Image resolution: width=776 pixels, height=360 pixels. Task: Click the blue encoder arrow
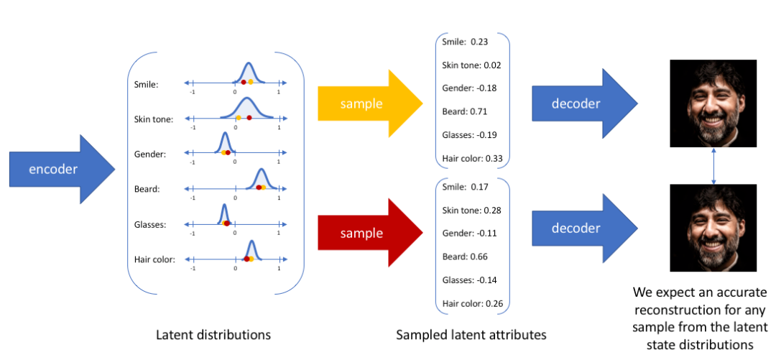62,170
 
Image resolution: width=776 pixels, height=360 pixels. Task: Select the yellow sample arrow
370,103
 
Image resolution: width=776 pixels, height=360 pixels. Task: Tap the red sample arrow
370,232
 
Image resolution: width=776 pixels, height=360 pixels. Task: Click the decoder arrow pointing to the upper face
584,103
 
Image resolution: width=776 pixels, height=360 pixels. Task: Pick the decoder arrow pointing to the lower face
584,229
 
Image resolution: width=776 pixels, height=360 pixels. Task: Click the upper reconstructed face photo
713,103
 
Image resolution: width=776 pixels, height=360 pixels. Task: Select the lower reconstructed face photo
713,228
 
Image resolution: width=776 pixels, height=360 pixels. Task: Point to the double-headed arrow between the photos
713,166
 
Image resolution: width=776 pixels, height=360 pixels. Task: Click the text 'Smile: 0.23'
465,42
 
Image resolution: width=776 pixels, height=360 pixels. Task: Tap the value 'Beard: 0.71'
465,111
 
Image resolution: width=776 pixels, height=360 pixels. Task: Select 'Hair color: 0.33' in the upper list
473,159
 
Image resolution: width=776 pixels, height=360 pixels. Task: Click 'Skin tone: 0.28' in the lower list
471,211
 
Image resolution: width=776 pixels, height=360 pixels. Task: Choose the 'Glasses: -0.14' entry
470,280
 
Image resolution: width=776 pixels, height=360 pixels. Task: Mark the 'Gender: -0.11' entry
469,234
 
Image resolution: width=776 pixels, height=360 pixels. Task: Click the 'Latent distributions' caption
213,335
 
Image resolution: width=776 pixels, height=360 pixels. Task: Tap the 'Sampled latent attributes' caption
471,335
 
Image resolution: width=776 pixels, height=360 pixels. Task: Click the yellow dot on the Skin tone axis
239,117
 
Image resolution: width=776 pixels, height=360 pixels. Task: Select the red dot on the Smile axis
244,82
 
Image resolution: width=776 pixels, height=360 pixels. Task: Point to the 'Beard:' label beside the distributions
147,189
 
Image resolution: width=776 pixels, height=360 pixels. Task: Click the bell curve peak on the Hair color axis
252,241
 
